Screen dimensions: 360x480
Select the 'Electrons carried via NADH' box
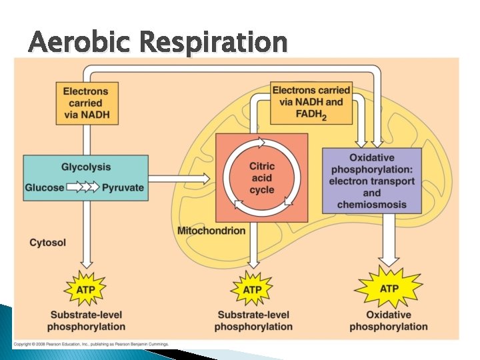point(85,103)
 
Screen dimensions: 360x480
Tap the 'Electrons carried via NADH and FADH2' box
point(311,102)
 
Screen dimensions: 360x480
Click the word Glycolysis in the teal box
point(86,167)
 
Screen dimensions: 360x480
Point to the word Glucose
point(45,187)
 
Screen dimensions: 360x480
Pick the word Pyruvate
point(123,187)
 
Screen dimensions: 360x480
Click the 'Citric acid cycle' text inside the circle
point(261,178)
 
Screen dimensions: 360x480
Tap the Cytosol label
point(48,243)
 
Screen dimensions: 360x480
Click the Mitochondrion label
point(211,231)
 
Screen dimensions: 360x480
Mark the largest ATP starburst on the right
point(389,289)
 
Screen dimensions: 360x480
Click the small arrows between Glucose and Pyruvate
point(83,187)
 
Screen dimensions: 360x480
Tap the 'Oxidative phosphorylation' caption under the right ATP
point(389,321)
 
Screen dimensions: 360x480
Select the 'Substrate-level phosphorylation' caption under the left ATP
point(86,321)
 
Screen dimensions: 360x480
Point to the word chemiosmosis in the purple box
point(371,205)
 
